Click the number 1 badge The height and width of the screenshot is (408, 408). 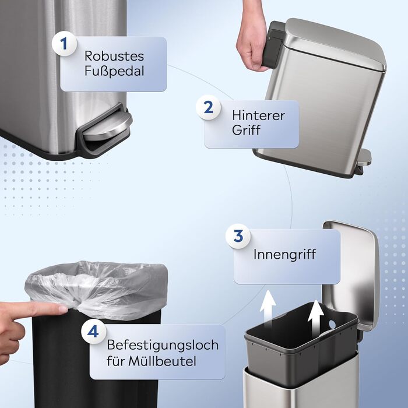tap(64, 44)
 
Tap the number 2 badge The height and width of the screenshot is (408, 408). tap(209, 107)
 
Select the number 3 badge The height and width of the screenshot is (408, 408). tap(238, 236)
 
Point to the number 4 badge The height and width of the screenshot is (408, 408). tap(93, 332)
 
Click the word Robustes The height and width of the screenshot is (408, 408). tap(114, 56)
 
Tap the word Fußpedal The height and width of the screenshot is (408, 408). tap(114, 71)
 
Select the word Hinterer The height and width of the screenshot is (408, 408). tap(258, 115)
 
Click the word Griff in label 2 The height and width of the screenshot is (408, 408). tap(246, 130)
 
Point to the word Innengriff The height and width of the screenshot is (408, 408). tap(284, 254)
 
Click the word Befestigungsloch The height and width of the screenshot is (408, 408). tap(163, 345)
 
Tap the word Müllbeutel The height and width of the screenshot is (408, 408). tap(162, 361)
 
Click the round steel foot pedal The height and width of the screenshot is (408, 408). tap(107, 127)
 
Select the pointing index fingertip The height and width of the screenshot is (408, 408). tap(62, 309)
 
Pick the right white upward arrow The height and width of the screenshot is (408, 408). tap(316, 315)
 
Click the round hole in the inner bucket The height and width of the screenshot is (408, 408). tap(332, 324)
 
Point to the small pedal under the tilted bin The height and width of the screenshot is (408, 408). tap(364, 159)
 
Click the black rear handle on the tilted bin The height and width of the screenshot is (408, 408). tap(274, 44)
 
